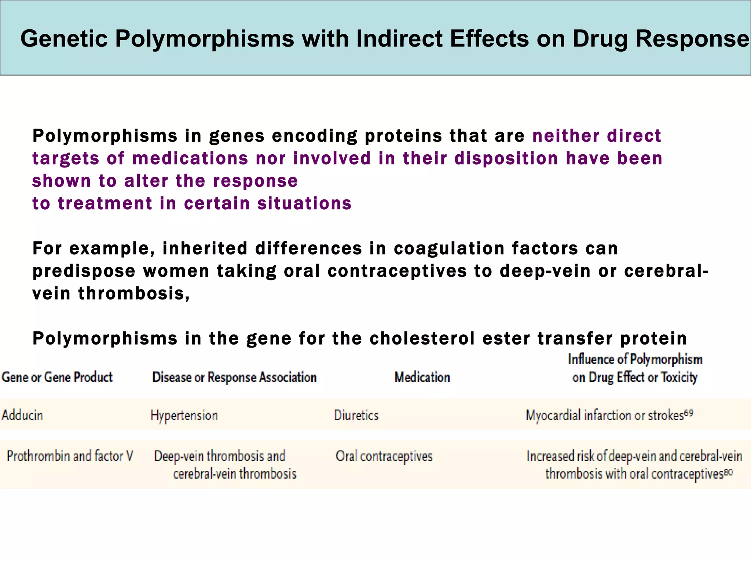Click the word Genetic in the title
pos(64,38)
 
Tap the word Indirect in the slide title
pos(399,38)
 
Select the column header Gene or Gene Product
pos(57,377)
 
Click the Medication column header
pos(422,377)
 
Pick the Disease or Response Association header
pos(234,377)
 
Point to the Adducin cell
pos(22,415)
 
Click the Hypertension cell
pos(184,416)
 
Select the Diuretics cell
pos(356,415)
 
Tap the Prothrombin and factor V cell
pos(70,456)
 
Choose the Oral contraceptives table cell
pos(384,456)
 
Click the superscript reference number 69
pos(689,413)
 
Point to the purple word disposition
pos(506,158)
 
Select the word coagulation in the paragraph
pos(449,249)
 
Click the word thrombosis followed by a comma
pos(134,294)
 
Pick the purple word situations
pos(304,203)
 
